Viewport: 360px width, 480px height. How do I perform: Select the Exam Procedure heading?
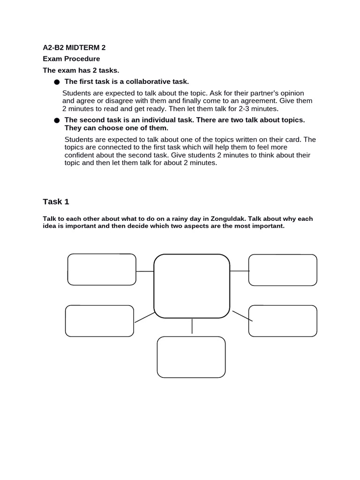[x=71, y=59]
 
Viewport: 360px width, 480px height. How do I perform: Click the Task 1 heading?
[x=56, y=202]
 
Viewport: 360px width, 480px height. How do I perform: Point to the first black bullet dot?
[x=57, y=82]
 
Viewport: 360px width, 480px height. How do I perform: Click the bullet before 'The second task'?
[x=57, y=120]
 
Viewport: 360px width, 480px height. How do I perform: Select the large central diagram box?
[x=192, y=286]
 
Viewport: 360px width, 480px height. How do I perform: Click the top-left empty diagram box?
[x=102, y=270]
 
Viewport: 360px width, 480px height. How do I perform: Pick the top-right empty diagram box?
[x=283, y=270]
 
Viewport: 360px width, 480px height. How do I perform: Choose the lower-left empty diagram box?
[x=99, y=321]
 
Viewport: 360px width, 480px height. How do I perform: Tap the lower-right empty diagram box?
[x=283, y=321]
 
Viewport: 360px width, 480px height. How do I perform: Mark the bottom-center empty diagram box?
[x=191, y=357]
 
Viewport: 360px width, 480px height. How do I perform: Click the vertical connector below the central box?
[x=192, y=327]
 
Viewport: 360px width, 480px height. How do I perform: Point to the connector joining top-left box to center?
[x=145, y=271]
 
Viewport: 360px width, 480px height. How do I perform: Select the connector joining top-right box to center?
[x=240, y=270]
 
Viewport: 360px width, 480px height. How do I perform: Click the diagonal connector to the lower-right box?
[x=242, y=316]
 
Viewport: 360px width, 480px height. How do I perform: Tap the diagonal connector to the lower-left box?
[x=144, y=317]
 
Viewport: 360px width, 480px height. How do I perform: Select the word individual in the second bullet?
[x=142, y=120]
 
